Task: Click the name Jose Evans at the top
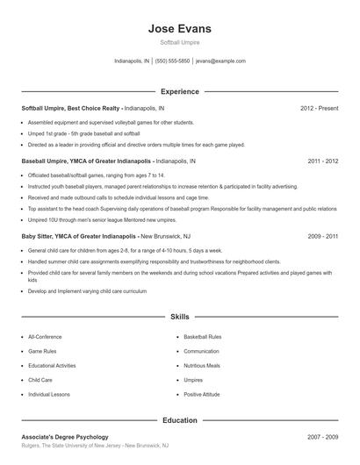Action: click(x=180, y=28)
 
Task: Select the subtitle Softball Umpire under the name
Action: click(x=180, y=42)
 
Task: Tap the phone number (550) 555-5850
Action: click(x=173, y=61)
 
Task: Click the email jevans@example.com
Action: click(x=220, y=61)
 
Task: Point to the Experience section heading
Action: click(x=180, y=91)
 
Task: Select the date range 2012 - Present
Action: click(x=319, y=108)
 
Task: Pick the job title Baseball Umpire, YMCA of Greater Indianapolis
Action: click(x=87, y=161)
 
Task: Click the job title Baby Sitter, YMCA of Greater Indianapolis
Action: click(x=80, y=236)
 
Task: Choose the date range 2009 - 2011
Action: click(x=322, y=236)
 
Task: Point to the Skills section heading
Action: click(x=180, y=316)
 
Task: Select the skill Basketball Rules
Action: click(x=203, y=336)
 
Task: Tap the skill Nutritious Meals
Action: click(x=202, y=365)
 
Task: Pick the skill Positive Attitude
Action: click(x=202, y=394)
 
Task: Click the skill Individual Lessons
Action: click(x=49, y=394)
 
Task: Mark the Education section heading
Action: click(x=180, y=420)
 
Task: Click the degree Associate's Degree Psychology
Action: click(x=65, y=436)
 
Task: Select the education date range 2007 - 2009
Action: click(x=322, y=436)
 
